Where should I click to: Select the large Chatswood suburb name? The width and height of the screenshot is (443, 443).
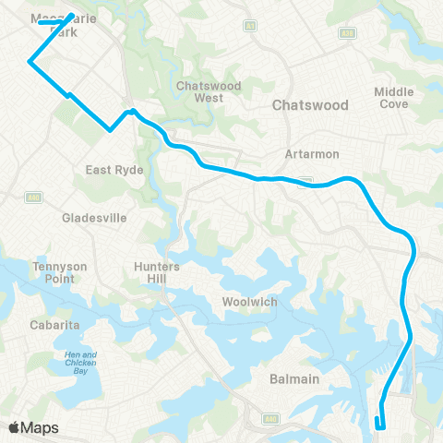pos(308,106)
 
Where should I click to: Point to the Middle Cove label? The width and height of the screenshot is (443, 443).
pos(394,97)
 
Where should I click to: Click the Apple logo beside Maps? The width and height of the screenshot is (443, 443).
pos(13,427)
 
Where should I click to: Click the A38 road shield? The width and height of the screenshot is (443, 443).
pos(346,32)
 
